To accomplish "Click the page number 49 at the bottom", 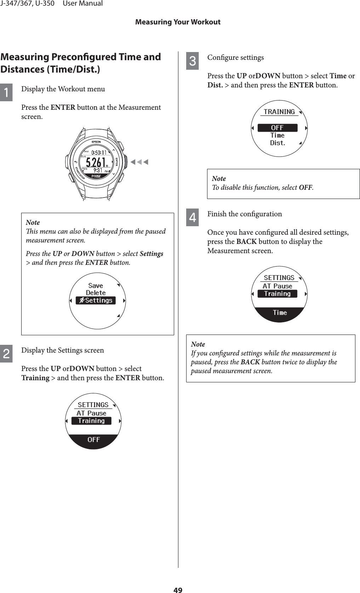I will (x=178, y=589).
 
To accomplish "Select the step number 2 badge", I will (x=6, y=354).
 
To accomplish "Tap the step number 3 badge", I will (x=192, y=61).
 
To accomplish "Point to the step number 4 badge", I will (x=192, y=217).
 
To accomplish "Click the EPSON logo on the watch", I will (x=96, y=142).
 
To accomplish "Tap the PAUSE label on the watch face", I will (x=96, y=176).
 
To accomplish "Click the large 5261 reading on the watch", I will (x=96, y=162).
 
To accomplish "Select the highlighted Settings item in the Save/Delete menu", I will (x=96, y=301).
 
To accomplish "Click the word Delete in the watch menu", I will (x=96, y=293).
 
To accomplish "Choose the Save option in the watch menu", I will (x=96, y=285).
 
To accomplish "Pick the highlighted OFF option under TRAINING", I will (x=277, y=128).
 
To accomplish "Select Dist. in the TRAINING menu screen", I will (x=278, y=143).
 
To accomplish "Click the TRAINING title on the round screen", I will (x=279, y=112).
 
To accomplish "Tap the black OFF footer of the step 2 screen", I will (x=93, y=440).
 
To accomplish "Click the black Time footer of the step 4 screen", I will (x=280, y=313).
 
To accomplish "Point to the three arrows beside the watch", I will (x=139, y=162).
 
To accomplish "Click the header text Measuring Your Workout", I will (x=178, y=22).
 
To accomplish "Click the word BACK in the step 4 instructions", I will (x=246, y=241).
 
